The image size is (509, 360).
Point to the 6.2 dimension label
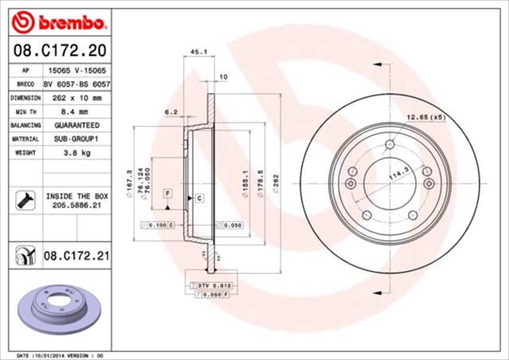pyautogui.click(x=171, y=112)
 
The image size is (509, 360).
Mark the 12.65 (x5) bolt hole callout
pyautogui.click(x=428, y=118)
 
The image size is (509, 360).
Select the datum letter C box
pyautogui.click(x=199, y=196)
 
